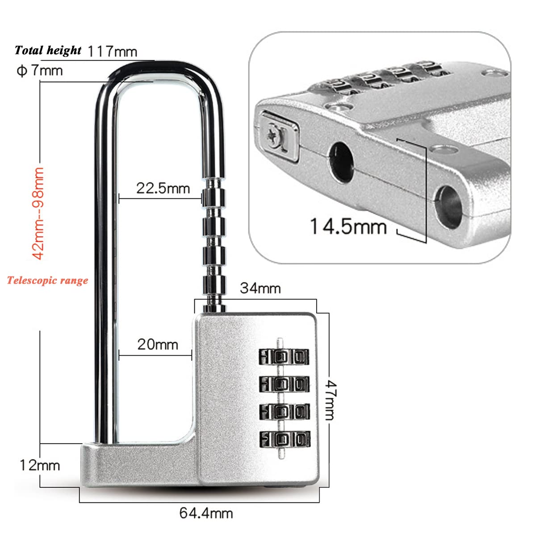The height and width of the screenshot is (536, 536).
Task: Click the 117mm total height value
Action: [x=113, y=52]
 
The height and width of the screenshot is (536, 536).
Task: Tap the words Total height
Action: [x=48, y=50]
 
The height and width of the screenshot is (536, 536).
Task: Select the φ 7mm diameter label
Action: [x=39, y=71]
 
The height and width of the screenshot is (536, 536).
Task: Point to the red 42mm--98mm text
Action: [x=38, y=214]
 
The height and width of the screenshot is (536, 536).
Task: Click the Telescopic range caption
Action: [x=47, y=280]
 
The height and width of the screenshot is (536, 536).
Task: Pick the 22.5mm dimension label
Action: [x=163, y=188]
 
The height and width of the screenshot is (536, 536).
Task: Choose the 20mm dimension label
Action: [x=158, y=345]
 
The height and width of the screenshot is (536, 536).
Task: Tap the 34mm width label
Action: [x=260, y=288]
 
